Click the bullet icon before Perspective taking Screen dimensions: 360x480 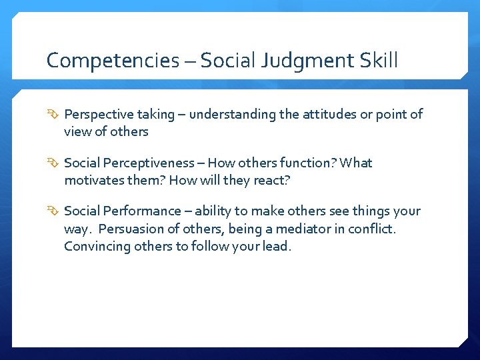(x=53, y=115)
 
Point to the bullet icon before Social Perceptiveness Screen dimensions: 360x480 (x=53, y=163)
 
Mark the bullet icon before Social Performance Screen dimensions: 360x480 (x=53, y=211)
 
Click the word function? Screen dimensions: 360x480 (x=302, y=163)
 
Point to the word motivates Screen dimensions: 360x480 (x=93, y=181)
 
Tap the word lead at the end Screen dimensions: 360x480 (x=277, y=246)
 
